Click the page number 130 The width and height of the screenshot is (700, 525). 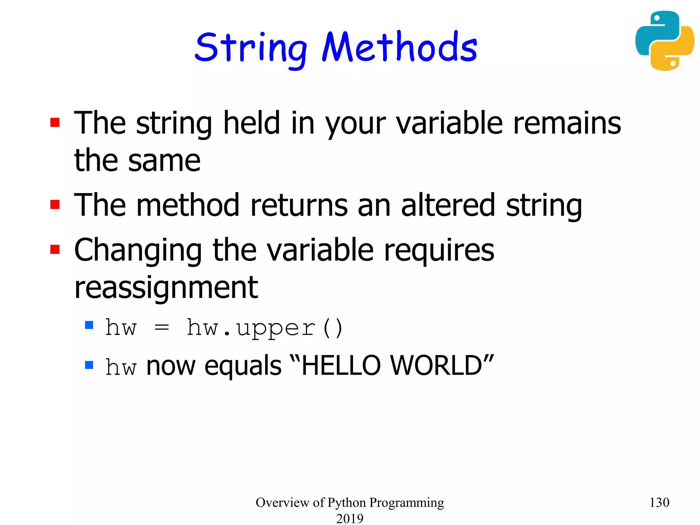(x=659, y=502)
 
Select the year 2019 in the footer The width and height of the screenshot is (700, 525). (x=350, y=519)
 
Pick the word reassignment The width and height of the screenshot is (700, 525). (x=166, y=288)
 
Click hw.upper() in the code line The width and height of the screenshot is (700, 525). (x=265, y=328)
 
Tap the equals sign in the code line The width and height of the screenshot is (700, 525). (x=162, y=328)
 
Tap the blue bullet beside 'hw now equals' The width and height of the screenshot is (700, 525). (x=89, y=365)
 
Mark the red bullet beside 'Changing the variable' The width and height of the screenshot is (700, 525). (x=55, y=250)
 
